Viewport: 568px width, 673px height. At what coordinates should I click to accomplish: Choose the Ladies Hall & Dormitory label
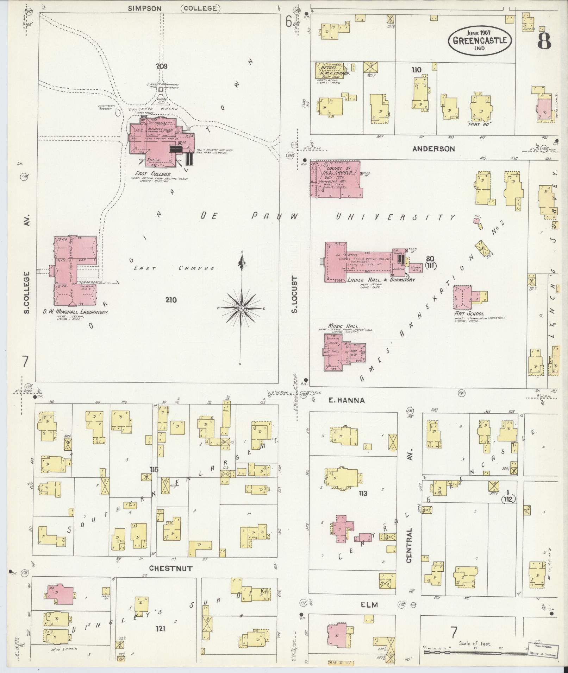coord(381,280)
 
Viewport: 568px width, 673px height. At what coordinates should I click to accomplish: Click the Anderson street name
coord(433,149)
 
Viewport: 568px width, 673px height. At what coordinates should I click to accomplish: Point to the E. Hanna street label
coord(347,400)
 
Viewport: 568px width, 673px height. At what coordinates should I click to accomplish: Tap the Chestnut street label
coord(170,568)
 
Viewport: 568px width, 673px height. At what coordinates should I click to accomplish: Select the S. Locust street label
coord(295,294)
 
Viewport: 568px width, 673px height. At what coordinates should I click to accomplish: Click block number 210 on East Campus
coord(171,300)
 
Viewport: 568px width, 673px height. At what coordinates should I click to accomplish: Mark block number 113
coord(363,494)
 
